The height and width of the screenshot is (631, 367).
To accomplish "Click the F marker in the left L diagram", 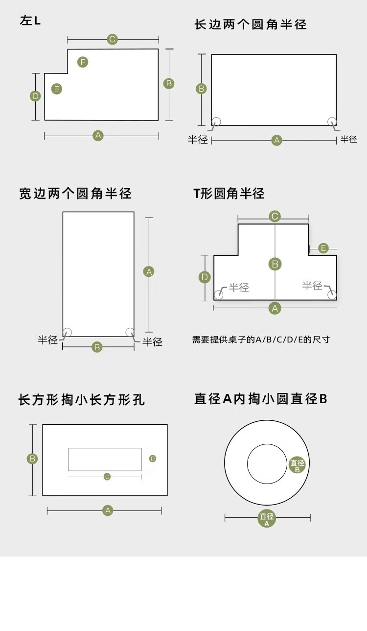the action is [83, 62].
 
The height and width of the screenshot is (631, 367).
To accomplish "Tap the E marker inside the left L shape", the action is [57, 89].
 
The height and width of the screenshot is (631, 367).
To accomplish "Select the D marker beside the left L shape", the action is [35, 96].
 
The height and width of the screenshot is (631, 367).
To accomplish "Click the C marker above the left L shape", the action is [113, 39].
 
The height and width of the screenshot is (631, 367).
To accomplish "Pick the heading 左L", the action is [30, 21].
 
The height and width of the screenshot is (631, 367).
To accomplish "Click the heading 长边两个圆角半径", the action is [251, 24].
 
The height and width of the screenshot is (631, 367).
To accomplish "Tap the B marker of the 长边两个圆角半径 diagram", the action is [201, 89].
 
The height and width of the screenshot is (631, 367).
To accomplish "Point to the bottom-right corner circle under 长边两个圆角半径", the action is [332, 121].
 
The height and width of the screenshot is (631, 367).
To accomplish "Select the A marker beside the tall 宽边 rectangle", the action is [149, 271].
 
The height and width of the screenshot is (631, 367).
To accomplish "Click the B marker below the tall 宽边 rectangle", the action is [97, 347].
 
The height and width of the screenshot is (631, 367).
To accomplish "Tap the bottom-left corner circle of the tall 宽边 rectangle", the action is [67, 332].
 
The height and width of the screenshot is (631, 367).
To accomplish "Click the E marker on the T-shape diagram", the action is [323, 248].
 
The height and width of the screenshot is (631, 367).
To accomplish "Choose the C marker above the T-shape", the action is [275, 216].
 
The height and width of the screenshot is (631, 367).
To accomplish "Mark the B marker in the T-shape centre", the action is [275, 264].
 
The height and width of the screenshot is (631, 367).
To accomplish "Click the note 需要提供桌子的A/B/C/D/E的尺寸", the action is [261, 339].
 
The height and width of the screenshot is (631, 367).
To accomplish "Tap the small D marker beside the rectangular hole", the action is [153, 459].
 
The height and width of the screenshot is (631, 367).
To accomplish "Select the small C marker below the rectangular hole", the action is [107, 477].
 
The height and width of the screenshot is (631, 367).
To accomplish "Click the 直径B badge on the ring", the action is [297, 465].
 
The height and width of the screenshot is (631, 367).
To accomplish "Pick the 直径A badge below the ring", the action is [267, 519].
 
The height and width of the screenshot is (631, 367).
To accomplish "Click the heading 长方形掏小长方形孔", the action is [82, 400].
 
